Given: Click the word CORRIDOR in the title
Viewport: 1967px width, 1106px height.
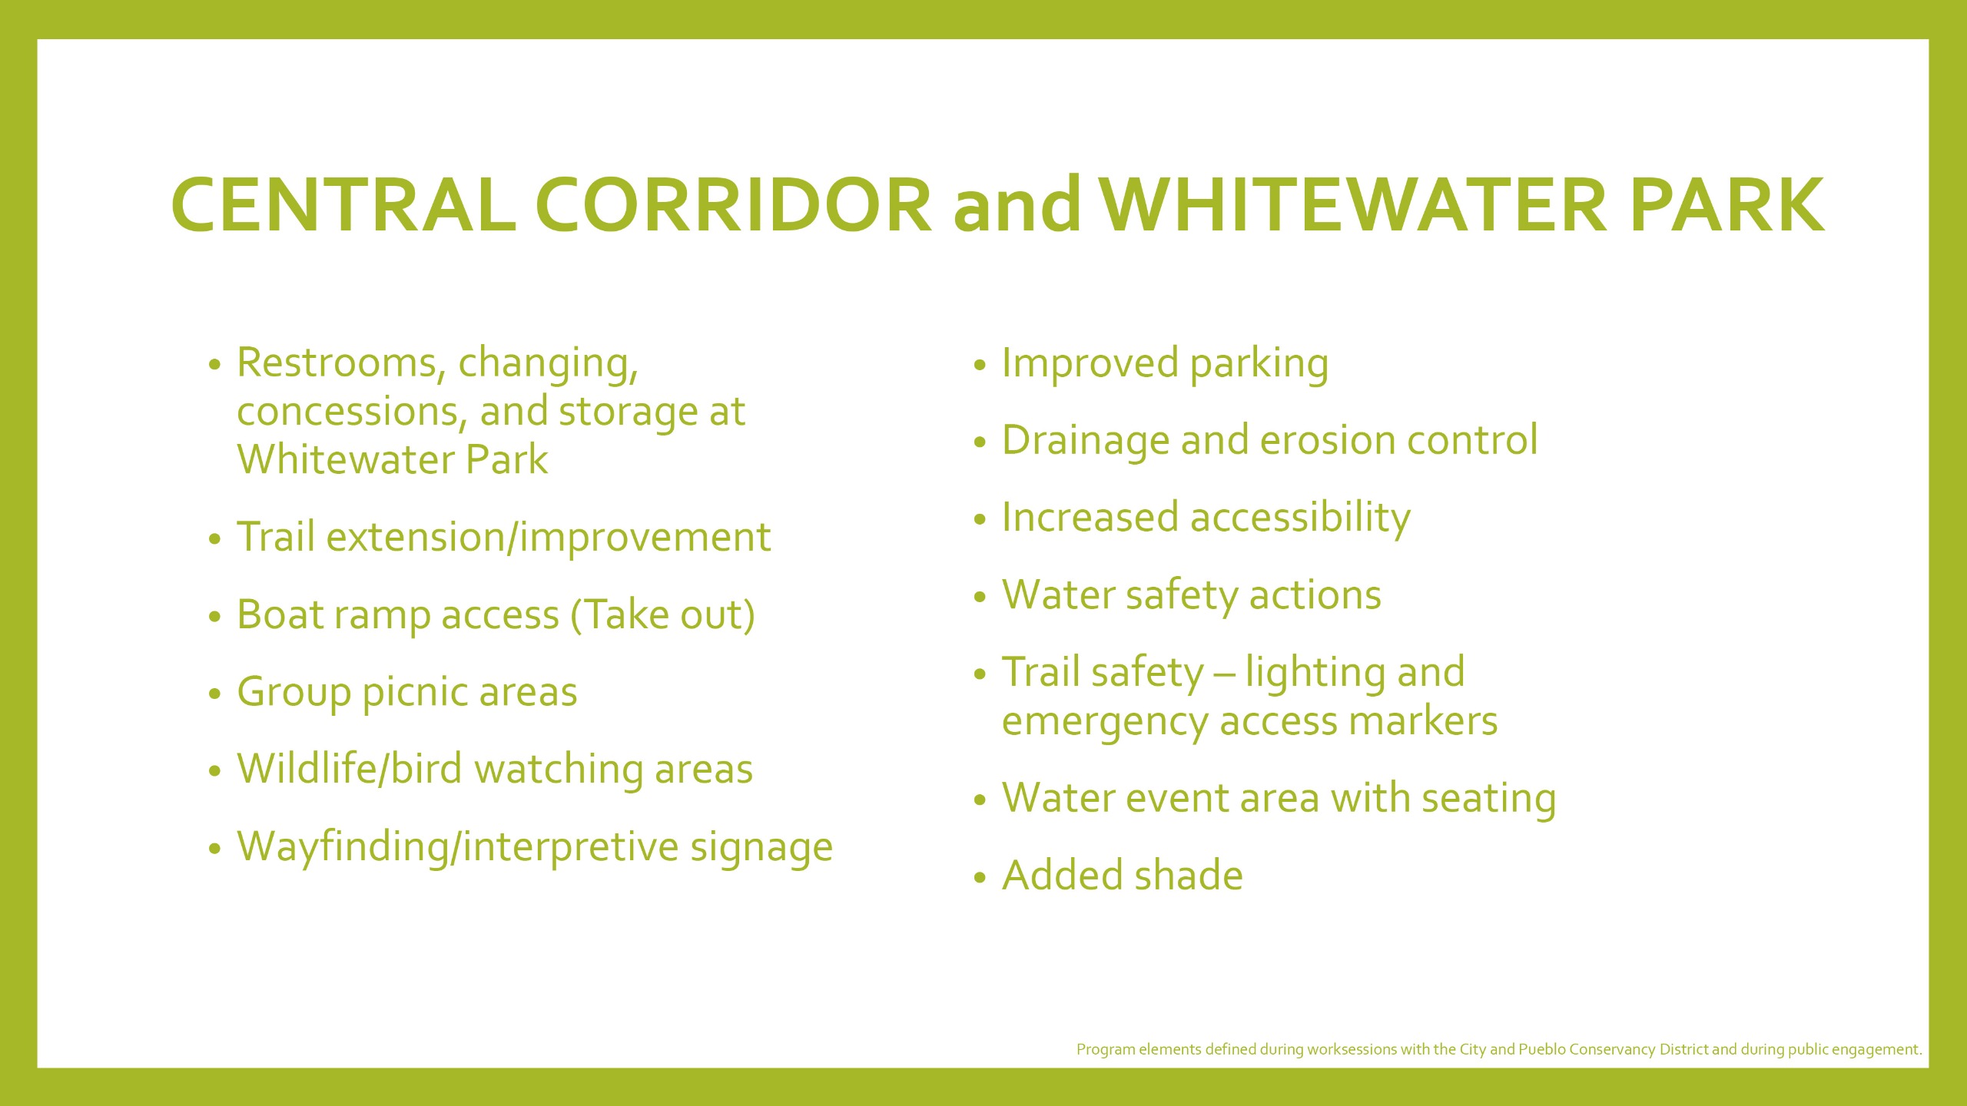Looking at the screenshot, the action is click(734, 204).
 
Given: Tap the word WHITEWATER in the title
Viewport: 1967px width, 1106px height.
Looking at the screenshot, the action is click(1353, 204).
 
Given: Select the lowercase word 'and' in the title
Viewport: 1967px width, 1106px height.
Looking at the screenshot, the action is click(1017, 204).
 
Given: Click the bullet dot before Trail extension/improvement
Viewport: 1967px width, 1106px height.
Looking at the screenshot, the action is click(215, 539).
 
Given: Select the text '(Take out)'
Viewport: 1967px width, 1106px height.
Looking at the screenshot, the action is click(663, 616).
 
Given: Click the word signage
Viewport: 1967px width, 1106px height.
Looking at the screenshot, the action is click(761, 849).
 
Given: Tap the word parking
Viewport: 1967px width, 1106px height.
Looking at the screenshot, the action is click(1259, 365).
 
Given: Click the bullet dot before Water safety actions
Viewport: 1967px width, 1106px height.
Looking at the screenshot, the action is click(980, 597).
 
